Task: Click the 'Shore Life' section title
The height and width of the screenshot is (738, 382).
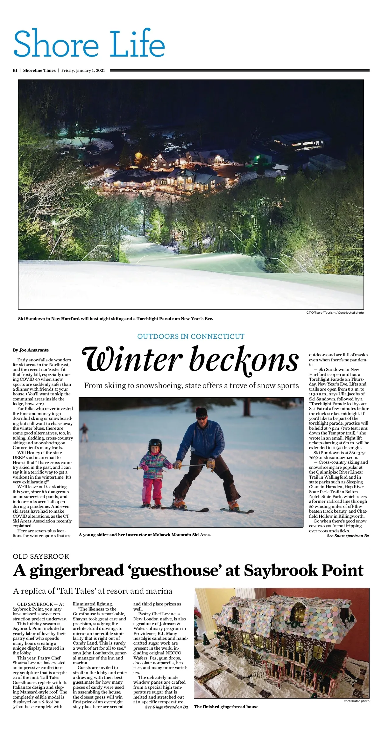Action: (x=89, y=44)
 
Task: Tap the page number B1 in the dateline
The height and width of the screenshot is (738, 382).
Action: (x=15, y=71)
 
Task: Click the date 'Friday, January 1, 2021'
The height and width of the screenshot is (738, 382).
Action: (x=83, y=71)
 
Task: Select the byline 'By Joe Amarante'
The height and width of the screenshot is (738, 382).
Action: (x=31, y=350)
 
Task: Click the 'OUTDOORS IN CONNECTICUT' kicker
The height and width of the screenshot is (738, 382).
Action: (x=191, y=336)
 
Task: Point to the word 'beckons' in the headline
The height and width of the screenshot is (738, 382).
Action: (x=244, y=360)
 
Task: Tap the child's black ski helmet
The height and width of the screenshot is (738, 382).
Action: (x=155, y=444)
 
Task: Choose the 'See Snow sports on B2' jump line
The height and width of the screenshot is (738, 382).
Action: (x=348, y=536)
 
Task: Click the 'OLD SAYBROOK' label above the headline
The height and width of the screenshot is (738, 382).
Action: (x=41, y=556)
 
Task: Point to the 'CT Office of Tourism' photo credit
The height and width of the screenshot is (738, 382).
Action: (x=335, y=313)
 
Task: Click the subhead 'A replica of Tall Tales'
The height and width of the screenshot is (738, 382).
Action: (x=92, y=591)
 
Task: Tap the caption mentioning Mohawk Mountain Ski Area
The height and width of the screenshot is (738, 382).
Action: (x=145, y=535)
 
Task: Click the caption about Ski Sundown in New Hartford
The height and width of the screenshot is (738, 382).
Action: (x=116, y=318)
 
